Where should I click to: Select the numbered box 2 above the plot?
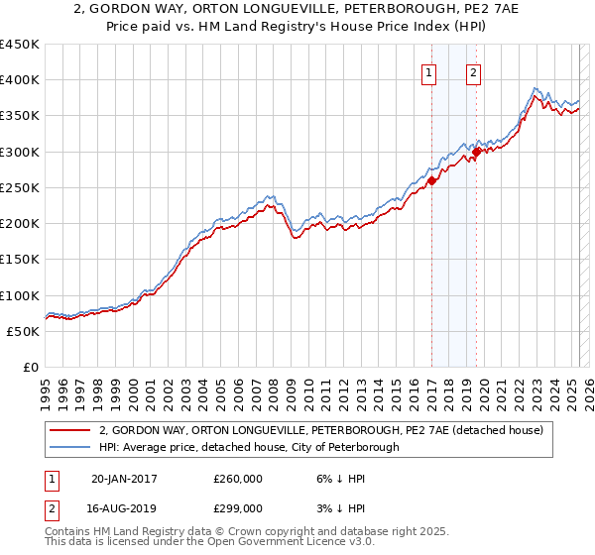tap(474, 72)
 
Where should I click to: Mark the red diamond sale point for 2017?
tap(432, 180)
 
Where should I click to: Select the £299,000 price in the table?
tap(238, 508)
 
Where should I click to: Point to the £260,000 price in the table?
tap(238, 479)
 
